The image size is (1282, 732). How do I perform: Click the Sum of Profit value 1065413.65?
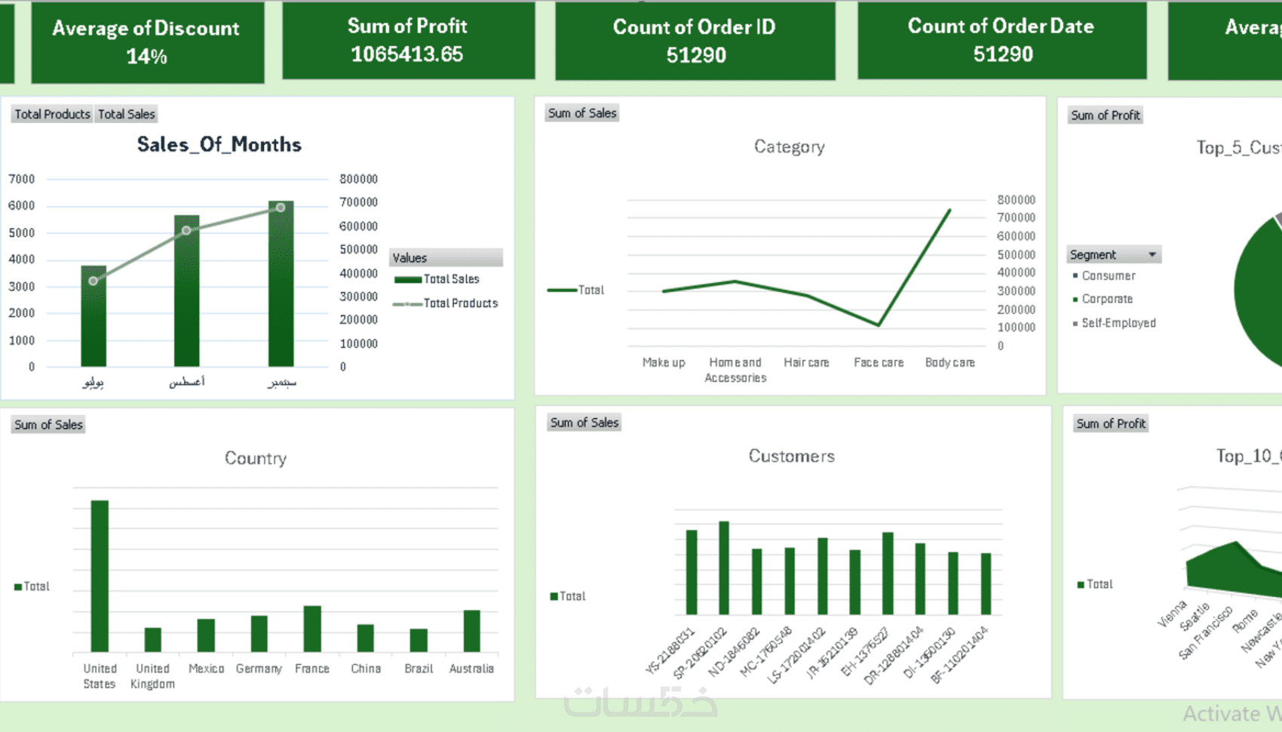click(x=406, y=54)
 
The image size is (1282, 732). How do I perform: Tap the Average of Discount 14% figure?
click(x=146, y=57)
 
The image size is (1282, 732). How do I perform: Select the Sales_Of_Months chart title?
click(x=219, y=144)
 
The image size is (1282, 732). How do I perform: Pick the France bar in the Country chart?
click(x=312, y=628)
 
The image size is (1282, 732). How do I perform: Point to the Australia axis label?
click(x=471, y=669)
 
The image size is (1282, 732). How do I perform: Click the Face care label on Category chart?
click(x=879, y=363)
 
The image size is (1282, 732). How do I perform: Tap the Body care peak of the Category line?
click(x=949, y=211)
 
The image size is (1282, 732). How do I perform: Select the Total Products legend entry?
click(x=460, y=303)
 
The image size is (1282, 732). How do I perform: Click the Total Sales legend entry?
click(x=451, y=279)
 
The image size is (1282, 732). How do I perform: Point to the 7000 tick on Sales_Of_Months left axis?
click(x=22, y=179)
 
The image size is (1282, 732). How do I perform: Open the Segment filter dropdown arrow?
click(x=1152, y=255)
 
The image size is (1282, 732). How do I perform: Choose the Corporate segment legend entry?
click(x=1107, y=299)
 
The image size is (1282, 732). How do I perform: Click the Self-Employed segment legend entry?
click(x=1118, y=323)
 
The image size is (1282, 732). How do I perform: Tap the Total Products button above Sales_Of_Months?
click(x=52, y=114)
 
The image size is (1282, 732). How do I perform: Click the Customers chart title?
click(x=791, y=456)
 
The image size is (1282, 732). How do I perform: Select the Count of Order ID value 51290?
click(x=695, y=55)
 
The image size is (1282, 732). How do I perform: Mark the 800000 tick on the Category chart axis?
click(x=1016, y=200)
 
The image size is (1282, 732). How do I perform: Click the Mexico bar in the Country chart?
click(x=206, y=635)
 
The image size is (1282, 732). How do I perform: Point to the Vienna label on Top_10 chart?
click(x=1173, y=614)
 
